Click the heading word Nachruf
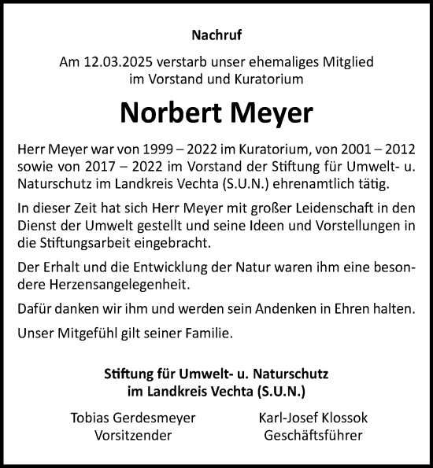click(216, 35)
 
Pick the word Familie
click(205, 333)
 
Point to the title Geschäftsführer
click(313, 434)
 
